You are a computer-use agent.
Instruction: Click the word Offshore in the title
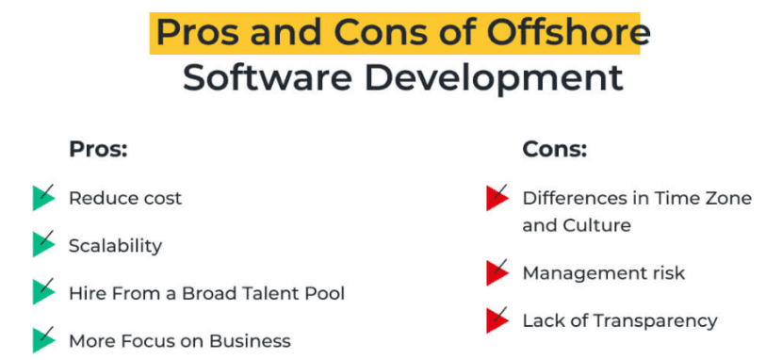pos(568,32)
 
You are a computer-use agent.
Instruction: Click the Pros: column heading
pos(97,149)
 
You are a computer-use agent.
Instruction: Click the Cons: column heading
pos(554,149)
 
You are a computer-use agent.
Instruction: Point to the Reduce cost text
pos(125,198)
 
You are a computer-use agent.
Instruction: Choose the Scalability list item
pos(115,246)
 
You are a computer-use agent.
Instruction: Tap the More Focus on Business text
pos(179,341)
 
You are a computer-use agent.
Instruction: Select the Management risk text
pos(603,273)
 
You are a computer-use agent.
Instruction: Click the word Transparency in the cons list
pos(657,320)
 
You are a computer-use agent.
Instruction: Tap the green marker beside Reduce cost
pos(42,198)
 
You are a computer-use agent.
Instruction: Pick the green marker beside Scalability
pos(42,245)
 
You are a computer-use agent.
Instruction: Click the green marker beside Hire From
pos(42,292)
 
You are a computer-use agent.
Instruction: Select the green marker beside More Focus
pos(42,340)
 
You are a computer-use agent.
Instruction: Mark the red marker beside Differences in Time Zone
pos(497,198)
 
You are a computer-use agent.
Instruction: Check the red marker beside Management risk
pos(497,273)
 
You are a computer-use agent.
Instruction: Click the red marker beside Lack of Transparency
pos(497,320)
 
